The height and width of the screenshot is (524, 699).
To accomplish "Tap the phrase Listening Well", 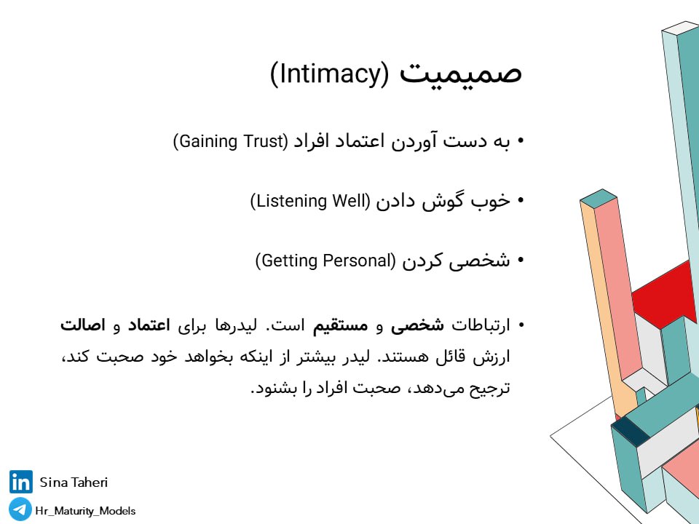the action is coord(310,201).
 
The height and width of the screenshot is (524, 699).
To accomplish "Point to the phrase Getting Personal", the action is coord(325,261).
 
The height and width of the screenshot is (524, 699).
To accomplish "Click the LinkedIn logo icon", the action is coord(20,482).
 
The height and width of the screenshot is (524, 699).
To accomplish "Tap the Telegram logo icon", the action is coord(20,509).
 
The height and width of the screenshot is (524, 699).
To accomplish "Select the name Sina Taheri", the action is coord(74,482).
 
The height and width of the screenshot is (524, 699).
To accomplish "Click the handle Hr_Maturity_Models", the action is coord(86,511).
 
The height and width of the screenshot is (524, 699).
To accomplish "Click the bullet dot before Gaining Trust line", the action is coord(520,141).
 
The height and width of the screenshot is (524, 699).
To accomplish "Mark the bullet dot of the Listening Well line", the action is coord(520,201).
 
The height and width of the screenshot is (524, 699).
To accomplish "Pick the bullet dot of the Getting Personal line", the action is coord(520,261).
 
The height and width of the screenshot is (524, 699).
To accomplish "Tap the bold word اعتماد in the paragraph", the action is coord(149,325).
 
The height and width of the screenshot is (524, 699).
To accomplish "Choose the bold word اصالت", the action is coord(83,325).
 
